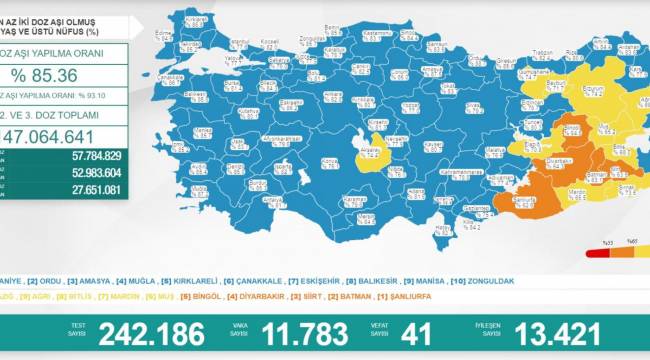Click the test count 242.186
tap(152, 334)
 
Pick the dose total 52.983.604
tap(90, 172)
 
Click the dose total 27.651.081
tap(90, 189)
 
